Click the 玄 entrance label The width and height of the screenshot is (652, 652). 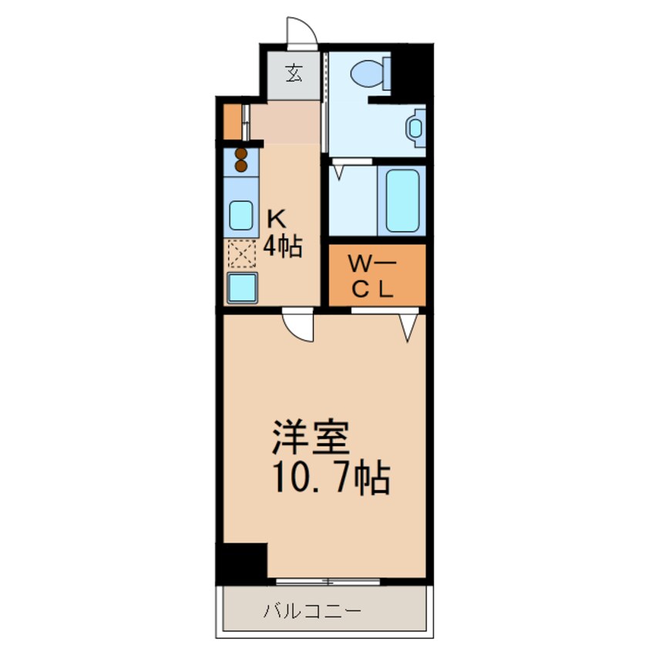(294, 74)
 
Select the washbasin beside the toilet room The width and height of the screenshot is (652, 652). (416, 126)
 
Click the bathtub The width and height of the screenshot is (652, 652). (402, 199)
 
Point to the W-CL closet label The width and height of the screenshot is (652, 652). (373, 277)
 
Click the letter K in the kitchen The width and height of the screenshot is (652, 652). (276, 218)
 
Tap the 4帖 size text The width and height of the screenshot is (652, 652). (283, 247)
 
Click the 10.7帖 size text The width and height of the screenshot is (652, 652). (328, 479)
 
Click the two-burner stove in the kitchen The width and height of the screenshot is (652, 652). (241, 160)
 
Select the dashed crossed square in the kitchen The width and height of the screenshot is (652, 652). (241, 254)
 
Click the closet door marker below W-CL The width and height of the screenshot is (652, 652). (408, 324)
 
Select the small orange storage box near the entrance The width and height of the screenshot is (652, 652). (231, 120)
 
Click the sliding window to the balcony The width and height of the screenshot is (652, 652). (328, 579)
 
